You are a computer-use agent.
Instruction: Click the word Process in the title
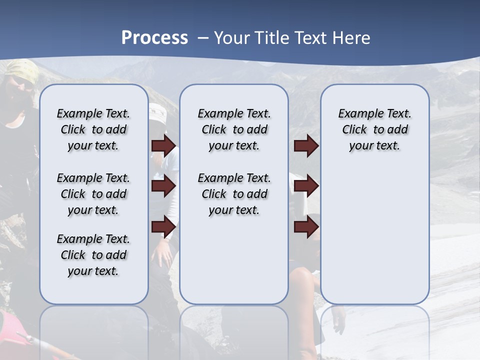pos(154,38)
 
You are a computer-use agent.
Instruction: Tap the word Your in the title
pos(231,38)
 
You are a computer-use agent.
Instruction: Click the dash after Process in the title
pos(203,38)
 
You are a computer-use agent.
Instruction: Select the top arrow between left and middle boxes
pos(163,146)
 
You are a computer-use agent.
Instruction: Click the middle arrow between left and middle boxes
pos(163,186)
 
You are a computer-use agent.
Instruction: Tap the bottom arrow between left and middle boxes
pos(163,227)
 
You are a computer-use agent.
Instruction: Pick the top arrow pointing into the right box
pos(306,146)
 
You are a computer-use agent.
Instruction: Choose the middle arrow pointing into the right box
pos(306,186)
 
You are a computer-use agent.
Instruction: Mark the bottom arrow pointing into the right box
pos(306,227)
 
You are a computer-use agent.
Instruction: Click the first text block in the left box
pos(93,129)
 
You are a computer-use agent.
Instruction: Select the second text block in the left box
pos(93,194)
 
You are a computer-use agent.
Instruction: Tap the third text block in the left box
pos(93,255)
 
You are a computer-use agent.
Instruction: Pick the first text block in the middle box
pos(234,129)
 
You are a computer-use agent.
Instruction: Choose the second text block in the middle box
pos(234,194)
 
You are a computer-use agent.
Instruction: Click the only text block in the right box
pos(374,129)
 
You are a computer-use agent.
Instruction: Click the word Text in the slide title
pos(312,38)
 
